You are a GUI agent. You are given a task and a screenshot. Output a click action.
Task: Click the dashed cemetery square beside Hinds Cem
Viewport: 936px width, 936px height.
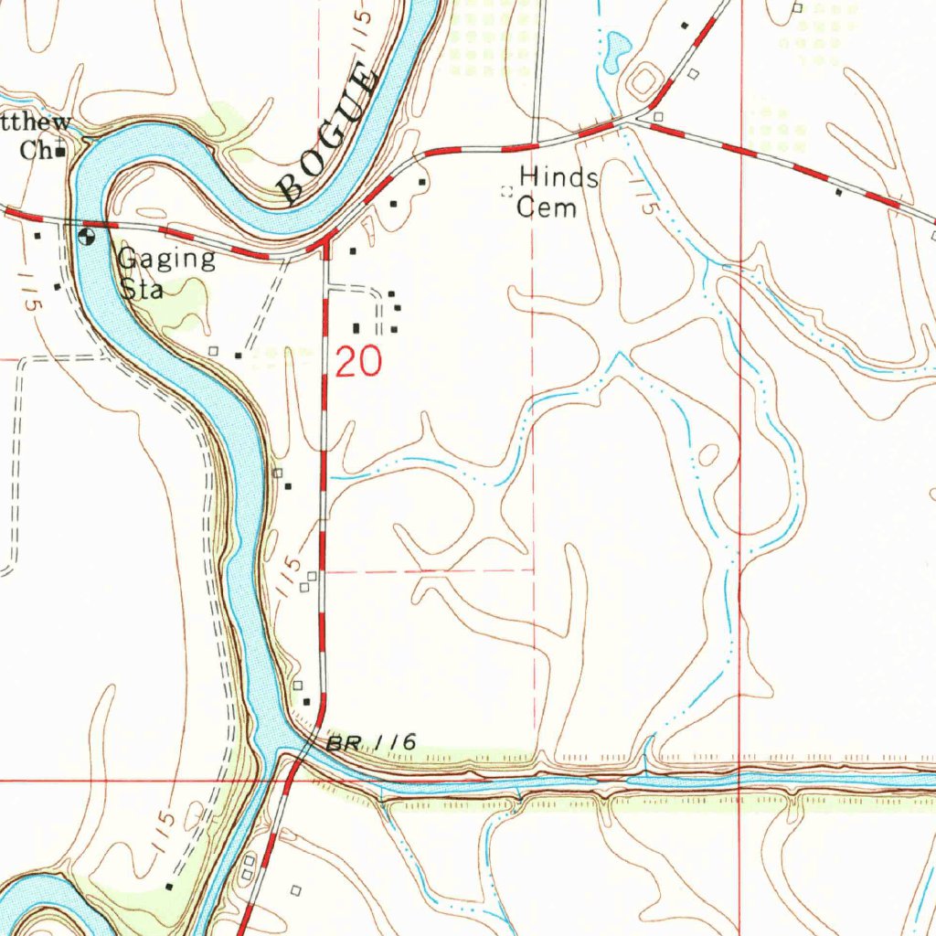click(505, 191)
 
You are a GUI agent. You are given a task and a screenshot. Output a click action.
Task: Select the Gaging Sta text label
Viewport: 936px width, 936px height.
click(165, 272)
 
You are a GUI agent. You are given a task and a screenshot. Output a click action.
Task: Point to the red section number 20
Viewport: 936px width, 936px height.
click(358, 363)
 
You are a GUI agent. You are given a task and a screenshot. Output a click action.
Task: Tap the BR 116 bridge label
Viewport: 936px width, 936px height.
click(372, 744)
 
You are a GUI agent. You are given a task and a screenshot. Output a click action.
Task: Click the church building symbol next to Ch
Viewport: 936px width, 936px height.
click(60, 152)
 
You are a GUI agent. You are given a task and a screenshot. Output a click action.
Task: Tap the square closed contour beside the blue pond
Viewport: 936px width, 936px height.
click(643, 81)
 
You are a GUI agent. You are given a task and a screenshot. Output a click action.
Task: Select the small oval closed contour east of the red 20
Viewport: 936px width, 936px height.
click(707, 454)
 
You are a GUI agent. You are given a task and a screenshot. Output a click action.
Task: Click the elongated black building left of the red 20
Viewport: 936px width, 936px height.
click(356, 327)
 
